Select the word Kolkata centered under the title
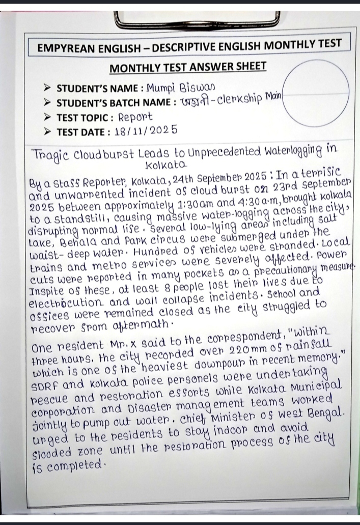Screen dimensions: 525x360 click(x=166, y=166)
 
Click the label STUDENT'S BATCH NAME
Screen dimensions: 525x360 click(x=113, y=102)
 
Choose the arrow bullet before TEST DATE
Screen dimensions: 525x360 click(x=48, y=131)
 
